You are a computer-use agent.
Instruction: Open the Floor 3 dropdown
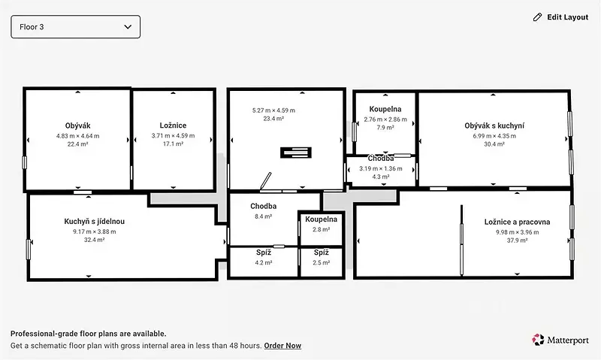click(x=76, y=27)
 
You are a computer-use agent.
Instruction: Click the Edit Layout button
click(x=560, y=17)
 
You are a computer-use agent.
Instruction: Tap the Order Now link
click(x=282, y=346)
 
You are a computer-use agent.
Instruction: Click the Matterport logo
click(x=560, y=340)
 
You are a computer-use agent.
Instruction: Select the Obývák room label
click(x=78, y=126)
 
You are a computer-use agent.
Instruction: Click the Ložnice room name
click(x=173, y=126)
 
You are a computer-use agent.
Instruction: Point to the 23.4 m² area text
click(x=273, y=119)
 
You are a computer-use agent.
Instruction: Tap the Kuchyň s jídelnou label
click(x=95, y=221)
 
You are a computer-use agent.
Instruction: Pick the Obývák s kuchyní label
click(x=494, y=126)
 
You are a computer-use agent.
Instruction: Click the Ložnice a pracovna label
click(x=517, y=222)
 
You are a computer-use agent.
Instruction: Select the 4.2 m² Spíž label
click(x=264, y=253)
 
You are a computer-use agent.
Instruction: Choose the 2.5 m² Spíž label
click(x=322, y=253)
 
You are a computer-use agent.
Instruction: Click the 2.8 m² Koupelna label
click(x=322, y=219)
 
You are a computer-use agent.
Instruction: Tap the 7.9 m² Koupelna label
click(x=385, y=109)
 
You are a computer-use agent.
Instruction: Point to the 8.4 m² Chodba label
click(x=264, y=206)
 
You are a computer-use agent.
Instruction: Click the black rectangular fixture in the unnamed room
click(x=296, y=153)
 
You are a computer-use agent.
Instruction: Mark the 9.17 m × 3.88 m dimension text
click(x=95, y=231)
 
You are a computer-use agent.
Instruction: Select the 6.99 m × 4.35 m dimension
click(x=494, y=136)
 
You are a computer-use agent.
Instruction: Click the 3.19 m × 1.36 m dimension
click(x=381, y=168)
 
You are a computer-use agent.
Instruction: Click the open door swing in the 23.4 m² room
click(x=266, y=181)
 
